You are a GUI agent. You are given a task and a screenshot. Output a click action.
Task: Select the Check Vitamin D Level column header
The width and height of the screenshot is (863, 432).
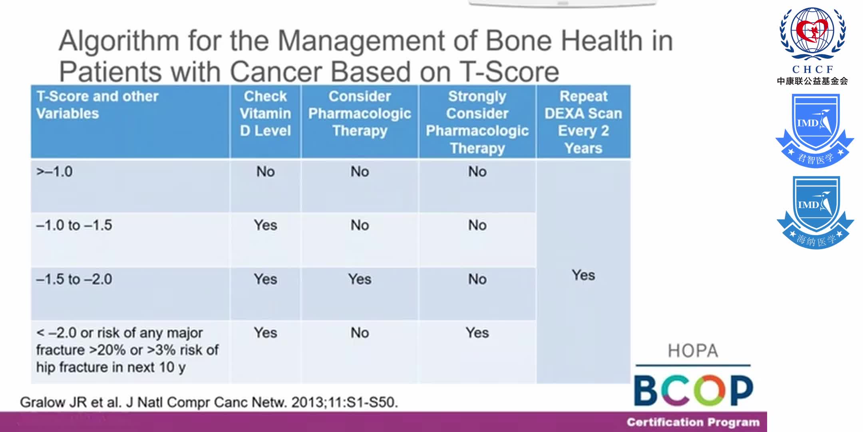tap(265, 114)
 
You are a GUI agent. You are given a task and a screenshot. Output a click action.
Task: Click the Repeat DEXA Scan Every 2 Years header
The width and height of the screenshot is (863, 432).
tap(583, 122)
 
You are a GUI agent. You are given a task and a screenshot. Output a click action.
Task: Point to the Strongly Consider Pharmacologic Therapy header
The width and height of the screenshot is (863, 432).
tap(477, 122)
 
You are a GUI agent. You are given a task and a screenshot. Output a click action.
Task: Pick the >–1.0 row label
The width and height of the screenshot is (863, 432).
tap(55, 172)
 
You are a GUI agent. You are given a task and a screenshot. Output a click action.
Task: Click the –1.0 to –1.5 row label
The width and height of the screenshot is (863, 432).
tap(74, 226)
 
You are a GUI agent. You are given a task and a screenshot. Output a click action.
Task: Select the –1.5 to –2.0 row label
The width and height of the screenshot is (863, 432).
tap(74, 279)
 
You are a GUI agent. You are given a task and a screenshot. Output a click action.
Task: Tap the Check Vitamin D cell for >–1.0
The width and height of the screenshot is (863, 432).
tap(265, 172)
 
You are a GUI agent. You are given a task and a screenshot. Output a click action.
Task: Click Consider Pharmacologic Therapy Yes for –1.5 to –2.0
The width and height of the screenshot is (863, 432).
tap(360, 279)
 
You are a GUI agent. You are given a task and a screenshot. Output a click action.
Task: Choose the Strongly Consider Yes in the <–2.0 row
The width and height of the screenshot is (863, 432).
tap(477, 333)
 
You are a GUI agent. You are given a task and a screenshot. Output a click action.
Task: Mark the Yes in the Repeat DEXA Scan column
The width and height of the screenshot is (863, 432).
tap(583, 275)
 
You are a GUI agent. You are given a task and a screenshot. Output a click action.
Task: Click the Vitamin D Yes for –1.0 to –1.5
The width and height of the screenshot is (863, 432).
tap(265, 226)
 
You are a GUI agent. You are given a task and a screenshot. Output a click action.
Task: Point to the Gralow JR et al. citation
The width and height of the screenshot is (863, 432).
tap(209, 402)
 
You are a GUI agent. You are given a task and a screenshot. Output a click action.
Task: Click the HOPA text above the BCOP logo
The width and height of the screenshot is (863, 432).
tap(693, 351)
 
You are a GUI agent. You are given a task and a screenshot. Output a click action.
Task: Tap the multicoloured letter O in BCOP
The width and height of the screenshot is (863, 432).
tap(709, 390)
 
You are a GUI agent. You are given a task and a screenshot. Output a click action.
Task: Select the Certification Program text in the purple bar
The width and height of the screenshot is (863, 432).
tap(693, 422)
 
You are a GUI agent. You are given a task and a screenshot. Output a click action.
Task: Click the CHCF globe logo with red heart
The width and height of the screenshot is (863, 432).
tap(813, 34)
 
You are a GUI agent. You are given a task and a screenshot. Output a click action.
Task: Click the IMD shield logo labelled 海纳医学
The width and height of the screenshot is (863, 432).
tap(815, 212)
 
